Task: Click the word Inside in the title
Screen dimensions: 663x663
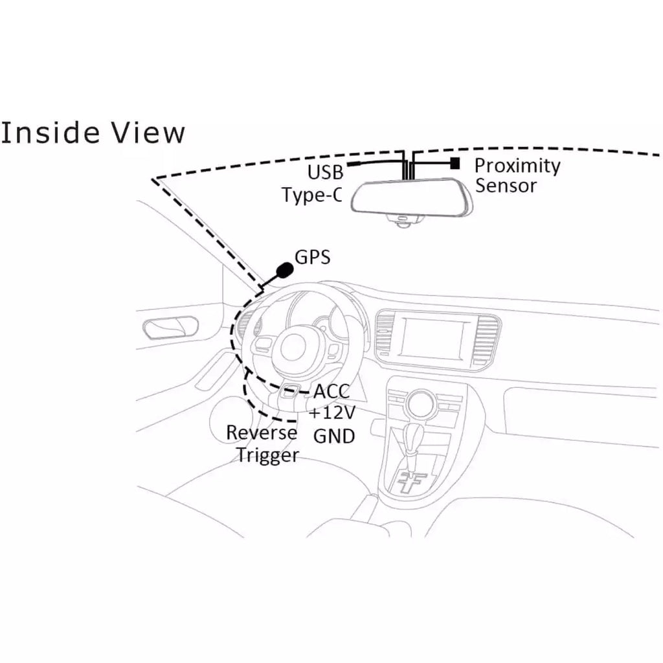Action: click(50, 132)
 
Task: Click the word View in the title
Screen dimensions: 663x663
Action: click(148, 132)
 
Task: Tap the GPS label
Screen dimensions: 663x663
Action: click(313, 257)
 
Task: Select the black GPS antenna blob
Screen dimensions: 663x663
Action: click(285, 269)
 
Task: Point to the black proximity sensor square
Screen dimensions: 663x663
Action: click(455, 163)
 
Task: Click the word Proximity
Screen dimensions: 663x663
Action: click(517, 166)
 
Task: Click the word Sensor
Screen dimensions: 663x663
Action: click(506, 186)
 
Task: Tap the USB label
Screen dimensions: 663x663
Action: click(325, 172)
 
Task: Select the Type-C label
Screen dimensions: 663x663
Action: click(312, 194)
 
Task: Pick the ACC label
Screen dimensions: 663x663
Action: click(331, 392)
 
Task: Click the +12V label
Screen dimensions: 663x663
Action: click(332, 412)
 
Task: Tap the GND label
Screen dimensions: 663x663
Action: click(333, 436)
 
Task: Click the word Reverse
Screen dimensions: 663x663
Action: click(262, 433)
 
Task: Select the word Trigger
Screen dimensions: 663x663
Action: click(267, 455)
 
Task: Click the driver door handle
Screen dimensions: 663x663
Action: click(171, 328)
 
